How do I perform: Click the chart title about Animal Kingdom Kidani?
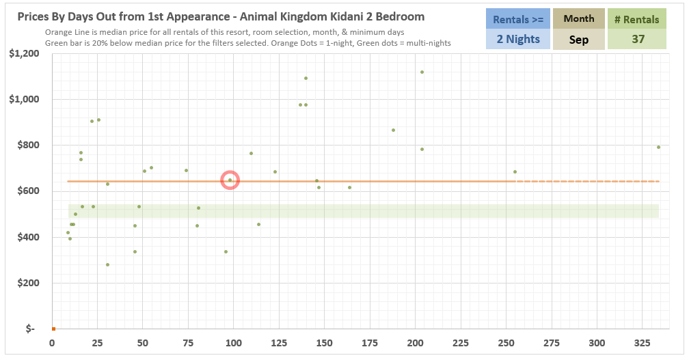pos(221,16)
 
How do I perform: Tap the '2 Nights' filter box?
pos(517,39)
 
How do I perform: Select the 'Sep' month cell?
pos(578,40)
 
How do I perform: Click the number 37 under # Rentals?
pos(638,39)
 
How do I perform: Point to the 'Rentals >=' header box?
pos(517,19)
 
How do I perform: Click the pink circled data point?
pos(230,180)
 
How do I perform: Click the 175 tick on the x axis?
pos(370,342)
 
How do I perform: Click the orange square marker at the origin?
pos(53,329)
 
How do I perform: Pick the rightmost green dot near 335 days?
pos(658,147)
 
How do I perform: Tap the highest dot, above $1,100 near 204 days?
pos(422,72)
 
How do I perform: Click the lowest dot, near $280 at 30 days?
pos(107,264)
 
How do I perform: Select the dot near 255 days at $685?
pos(515,171)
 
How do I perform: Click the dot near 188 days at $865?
pos(393,130)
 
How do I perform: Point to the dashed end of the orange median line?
pos(588,181)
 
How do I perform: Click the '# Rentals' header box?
pos(638,19)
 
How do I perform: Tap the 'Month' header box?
pos(578,19)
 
